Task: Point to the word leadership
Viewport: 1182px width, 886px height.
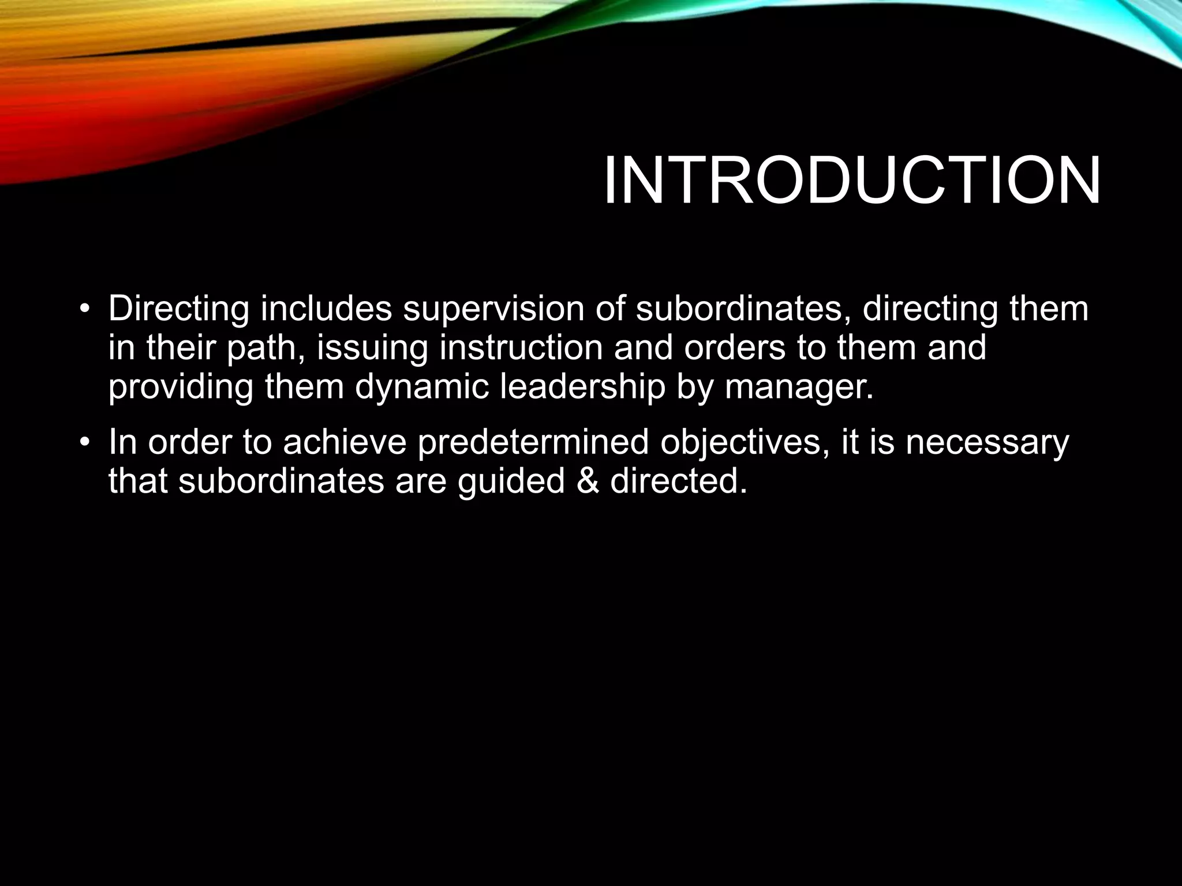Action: tap(582, 388)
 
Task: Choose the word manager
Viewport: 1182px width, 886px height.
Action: tap(799, 388)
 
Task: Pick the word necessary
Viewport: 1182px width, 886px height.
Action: tap(987, 443)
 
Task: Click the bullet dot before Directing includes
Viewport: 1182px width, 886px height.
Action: tap(85, 310)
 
